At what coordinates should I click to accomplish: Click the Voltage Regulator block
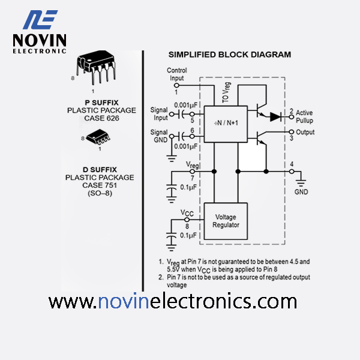point(226,221)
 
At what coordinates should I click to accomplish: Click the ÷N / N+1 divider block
point(226,124)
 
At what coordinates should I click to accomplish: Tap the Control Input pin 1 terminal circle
point(176,85)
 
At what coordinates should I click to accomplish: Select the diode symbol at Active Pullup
point(275,117)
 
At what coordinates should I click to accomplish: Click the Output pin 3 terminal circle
point(292,132)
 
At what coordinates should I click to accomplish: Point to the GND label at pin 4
point(301,192)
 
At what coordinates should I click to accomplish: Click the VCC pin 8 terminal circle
point(187,220)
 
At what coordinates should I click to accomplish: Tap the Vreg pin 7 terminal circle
point(192,172)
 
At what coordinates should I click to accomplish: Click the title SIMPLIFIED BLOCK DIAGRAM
point(230,55)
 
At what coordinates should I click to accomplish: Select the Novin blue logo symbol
point(40,20)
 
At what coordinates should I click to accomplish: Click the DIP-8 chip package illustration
point(96,67)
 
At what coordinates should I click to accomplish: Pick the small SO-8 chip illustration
point(98,137)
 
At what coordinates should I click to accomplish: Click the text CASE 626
point(101,118)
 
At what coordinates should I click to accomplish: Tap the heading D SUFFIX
point(100,170)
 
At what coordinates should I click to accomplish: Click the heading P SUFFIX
point(101,103)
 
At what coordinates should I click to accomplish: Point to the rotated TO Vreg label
point(226,92)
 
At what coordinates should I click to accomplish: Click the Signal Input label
point(159,114)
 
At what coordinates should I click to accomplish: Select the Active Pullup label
point(304,116)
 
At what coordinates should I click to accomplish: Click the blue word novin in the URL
point(124,301)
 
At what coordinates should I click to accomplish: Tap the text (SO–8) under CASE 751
point(100,193)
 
